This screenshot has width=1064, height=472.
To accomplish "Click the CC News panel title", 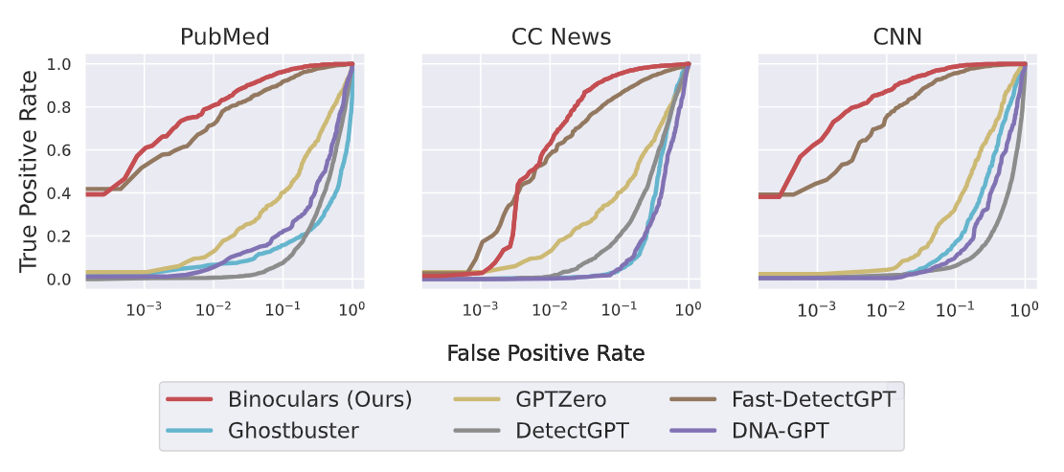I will (560, 37).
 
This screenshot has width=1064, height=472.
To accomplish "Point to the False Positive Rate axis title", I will (545, 353).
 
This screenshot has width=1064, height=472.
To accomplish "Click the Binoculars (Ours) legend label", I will (320, 399).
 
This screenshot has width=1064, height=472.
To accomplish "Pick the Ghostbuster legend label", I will (293, 430).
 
